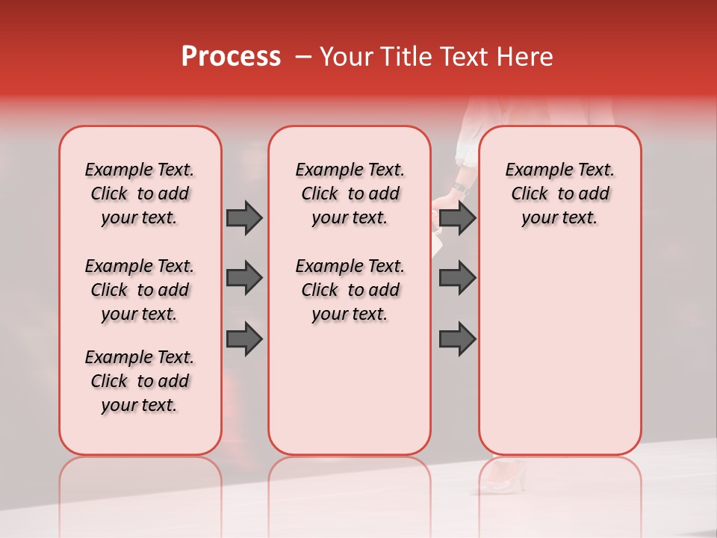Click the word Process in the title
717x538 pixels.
(x=231, y=57)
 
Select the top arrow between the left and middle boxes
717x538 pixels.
(x=244, y=218)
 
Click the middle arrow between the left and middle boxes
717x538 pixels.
(x=244, y=278)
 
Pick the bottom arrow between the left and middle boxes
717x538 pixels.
(x=244, y=338)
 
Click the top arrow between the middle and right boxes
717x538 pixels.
(x=457, y=218)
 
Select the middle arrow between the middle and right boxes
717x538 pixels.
(x=457, y=278)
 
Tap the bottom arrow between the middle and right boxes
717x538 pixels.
(x=457, y=338)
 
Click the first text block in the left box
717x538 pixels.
(x=140, y=194)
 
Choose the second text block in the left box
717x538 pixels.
(x=140, y=290)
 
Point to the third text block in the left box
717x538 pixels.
(x=140, y=381)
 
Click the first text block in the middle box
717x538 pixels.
(x=350, y=194)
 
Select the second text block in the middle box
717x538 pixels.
(x=350, y=290)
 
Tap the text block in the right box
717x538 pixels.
(x=559, y=194)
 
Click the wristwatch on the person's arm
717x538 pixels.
(x=459, y=187)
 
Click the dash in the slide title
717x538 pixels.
(x=303, y=57)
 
